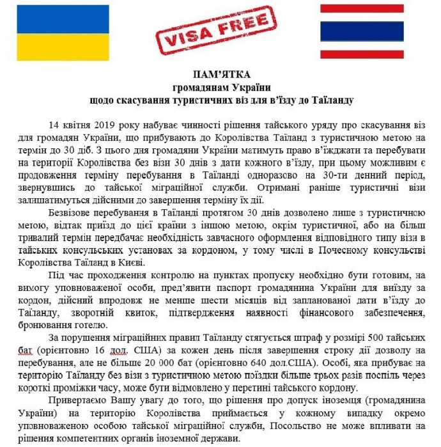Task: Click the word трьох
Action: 311,378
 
